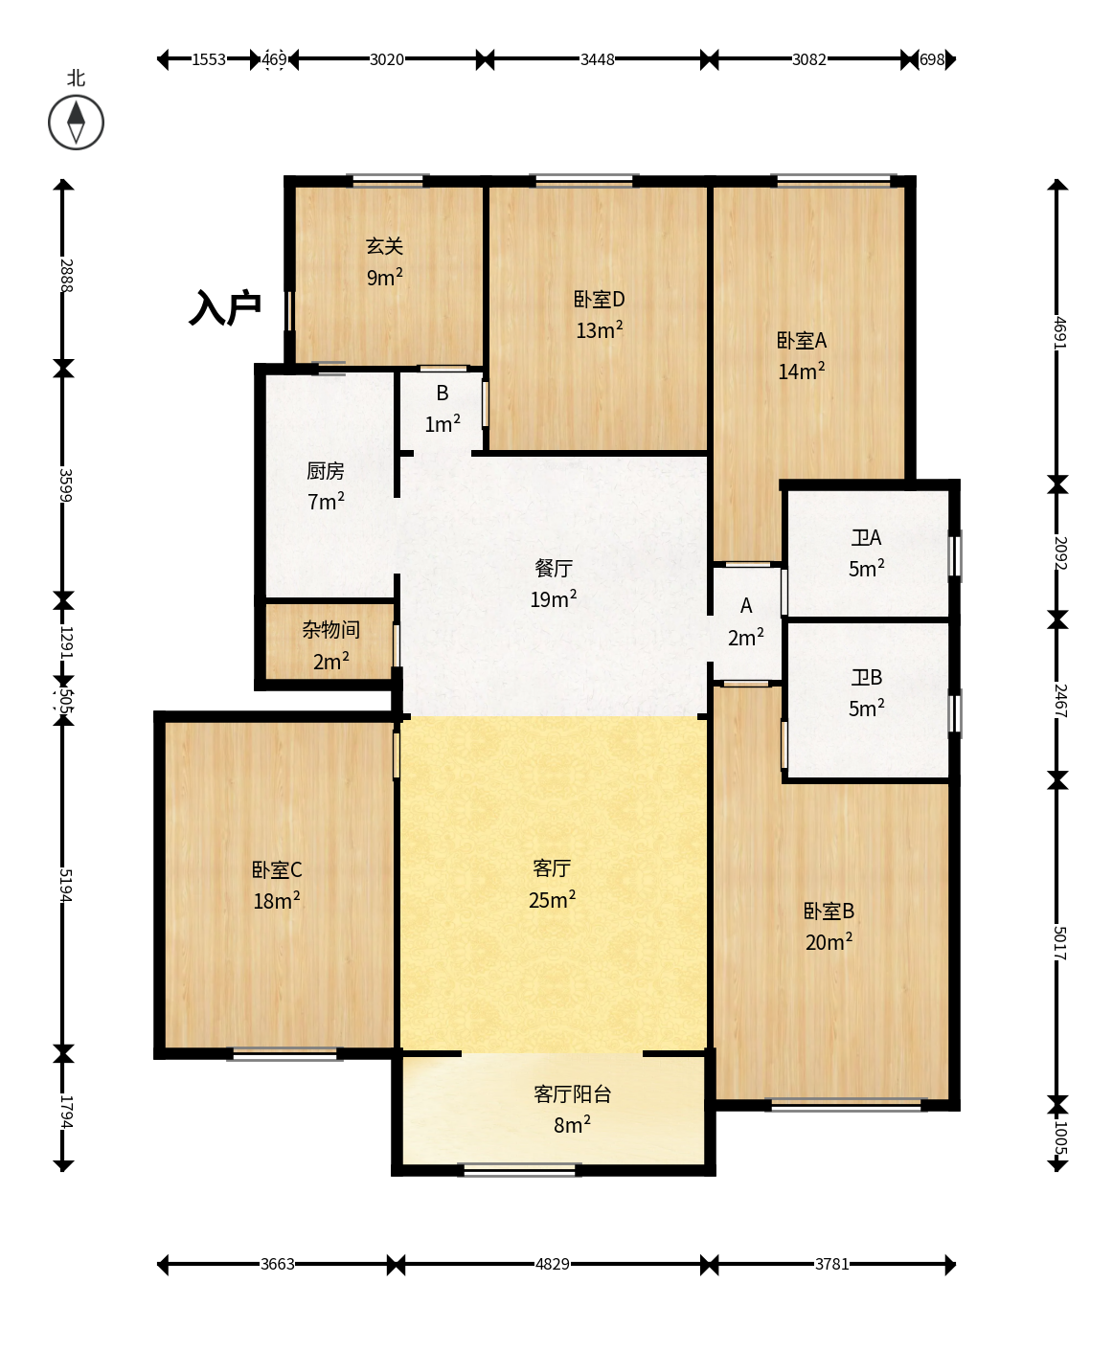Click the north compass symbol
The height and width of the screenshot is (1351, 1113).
pyautogui.click(x=76, y=123)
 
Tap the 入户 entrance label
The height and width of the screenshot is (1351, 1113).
pyautogui.click(x=225, y=307)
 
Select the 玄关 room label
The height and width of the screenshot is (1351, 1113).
pyautogui.click(x=385, y=246)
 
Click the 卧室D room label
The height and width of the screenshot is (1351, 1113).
pyautogui.click(x=599, y=299)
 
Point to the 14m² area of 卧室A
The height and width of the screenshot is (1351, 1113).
pyautogui.click(x=801, y=371)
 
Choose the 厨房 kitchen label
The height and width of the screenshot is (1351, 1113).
pyautogui.click(x=325, y=470)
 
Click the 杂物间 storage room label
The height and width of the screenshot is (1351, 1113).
pyautogui.click(x=330, y=630)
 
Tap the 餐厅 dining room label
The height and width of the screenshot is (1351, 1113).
pyautogui.click(x=554, y=568)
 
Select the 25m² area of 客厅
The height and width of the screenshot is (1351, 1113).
pyautogui.click(x=552, y=899)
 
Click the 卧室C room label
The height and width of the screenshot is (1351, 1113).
pyautogui.click(x=277, y=869)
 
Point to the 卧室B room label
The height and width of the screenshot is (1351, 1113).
pyautogui.click(x=829, y=911)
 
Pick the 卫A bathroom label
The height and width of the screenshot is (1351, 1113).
pyautogui.click(x=866, y=537)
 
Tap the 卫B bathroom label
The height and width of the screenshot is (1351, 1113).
pyautogui.click(x=866, y=677)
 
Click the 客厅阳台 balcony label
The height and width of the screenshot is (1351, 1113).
pyautogui.click(x=573, y=1094)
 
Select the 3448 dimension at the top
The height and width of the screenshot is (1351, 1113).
pyautogui.click(x=597, y=59)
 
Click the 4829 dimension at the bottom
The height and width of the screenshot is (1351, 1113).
pyautogui.click(x=553, y=1264)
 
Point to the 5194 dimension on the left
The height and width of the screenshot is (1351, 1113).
pyautogui.click(x=65, y=885)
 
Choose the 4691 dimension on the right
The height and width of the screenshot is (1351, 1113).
pyautogui.click(x=1059, y=332)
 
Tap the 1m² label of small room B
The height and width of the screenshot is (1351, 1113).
pyautogui.click(x=443, y=424)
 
